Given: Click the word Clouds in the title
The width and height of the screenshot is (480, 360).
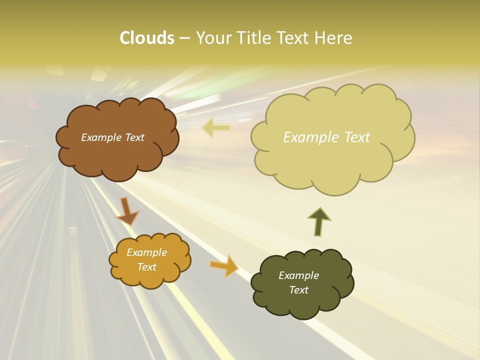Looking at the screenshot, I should pyautogui.click(x=146, y=38).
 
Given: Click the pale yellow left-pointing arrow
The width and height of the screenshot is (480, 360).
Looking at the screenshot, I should pyautogui.click(x=216, y=128).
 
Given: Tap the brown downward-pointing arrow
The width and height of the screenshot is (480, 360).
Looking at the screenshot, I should pyautogui.click(x=128, y=211).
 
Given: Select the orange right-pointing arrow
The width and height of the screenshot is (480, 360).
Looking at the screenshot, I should pyautogui.click(x=224, y=265).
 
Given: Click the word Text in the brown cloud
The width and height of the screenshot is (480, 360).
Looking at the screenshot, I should pyautogui.click(x=133, y=137).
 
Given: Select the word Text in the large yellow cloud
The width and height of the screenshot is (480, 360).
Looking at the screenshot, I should pyautogui.click(x=356, y=137).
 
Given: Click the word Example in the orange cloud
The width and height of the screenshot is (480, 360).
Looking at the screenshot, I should pyautogui.click(x=146, y=252).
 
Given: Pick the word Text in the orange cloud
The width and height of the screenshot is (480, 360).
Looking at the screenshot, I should pyautogui.click(x=146, y=267).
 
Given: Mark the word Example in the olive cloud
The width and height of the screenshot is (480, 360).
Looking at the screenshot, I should pyautogui.click(x=298, y=275).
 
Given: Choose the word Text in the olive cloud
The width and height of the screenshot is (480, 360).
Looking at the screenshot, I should pyautogui.click(x=298, y=290).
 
